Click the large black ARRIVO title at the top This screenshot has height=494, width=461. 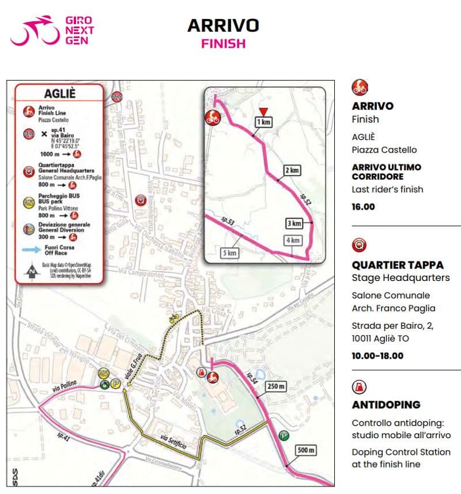[x=223, y=25]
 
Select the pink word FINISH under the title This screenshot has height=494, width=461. [x=223, y=44]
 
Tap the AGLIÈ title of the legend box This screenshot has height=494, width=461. [x=59, y=94]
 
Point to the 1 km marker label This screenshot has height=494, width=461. [x=263, y=122]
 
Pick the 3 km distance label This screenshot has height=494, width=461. [x=294, y=223]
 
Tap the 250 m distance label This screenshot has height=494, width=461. [x=275, y=386]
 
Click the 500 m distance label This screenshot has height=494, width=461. [x=305, y=450]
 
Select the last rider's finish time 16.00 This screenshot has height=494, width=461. [x=363, y=207]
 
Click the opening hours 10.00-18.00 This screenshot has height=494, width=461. [x=377, y=355]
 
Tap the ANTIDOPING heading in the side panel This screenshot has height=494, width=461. [x=386, y=405]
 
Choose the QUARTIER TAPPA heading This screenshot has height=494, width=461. [x=397, y=265]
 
